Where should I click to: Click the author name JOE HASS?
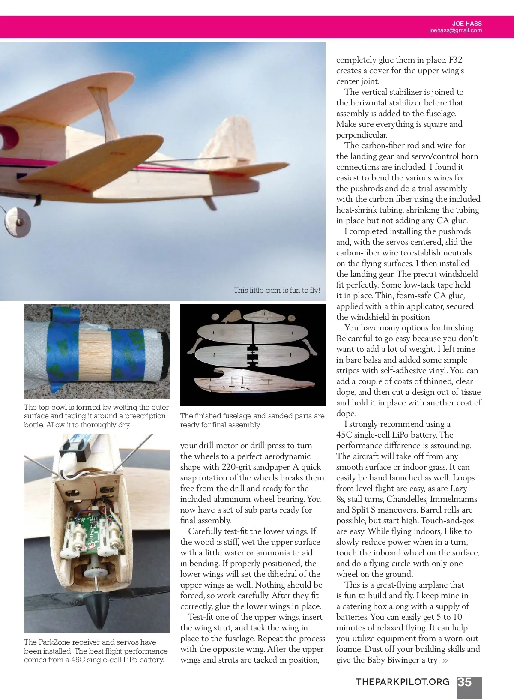[467, 24]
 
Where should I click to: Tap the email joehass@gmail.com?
[455, 30]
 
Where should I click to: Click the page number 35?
[465, 682]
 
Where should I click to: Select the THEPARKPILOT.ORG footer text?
[403, 682]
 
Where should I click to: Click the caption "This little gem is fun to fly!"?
[277, 290]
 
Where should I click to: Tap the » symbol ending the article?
[445, 660]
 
